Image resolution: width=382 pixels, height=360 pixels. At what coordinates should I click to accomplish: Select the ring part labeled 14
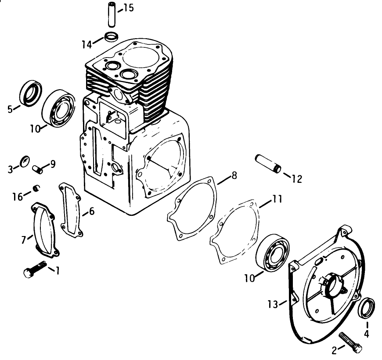[x=112, y=36]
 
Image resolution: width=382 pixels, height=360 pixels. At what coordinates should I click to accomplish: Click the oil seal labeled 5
[x=31, y=93]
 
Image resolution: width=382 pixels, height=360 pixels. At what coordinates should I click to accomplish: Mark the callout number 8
[x=234, y=176]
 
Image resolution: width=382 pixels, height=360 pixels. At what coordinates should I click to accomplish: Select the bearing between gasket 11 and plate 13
[x=272, y=255]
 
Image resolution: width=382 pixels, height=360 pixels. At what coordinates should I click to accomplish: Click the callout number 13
[x=272, y=303]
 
